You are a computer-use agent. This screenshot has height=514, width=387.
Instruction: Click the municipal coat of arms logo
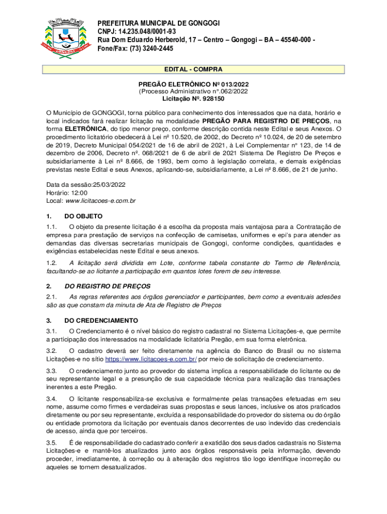pos(64,39)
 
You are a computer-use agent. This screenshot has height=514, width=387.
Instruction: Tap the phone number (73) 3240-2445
pos(150,49)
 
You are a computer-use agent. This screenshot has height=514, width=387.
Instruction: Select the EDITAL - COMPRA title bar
pos(193,69)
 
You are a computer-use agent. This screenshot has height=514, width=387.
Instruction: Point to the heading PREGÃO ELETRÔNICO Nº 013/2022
pos(193,84)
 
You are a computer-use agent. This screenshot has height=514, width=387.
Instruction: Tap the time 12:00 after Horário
pos(79,192)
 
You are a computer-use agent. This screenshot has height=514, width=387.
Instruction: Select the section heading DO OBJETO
pos(83,216)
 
